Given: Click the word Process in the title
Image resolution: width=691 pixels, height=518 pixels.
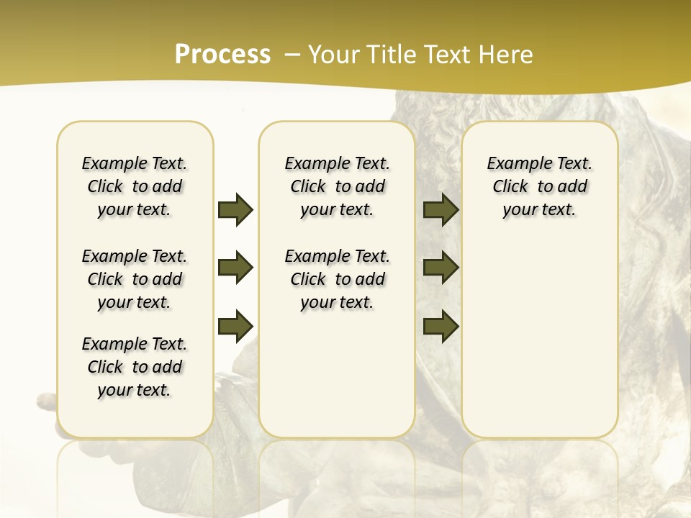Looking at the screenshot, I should click(x=222, y=55).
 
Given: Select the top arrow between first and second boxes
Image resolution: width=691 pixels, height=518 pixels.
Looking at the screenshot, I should click(x=235, y=210).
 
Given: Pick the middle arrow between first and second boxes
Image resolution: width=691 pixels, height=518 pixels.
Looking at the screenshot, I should click(x=235, y=268).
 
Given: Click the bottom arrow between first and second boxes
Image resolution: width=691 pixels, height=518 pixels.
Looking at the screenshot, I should click(x=235, y=327).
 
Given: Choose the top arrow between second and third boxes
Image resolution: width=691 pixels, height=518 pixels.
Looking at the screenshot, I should click(x=441, y=210).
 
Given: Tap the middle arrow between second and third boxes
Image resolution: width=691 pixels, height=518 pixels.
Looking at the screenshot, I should click(x=441, y=268).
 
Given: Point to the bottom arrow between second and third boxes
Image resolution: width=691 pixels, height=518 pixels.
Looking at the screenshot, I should click(x=441, y=327).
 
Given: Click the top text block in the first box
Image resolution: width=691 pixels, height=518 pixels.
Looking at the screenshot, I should click(x=135, y=186).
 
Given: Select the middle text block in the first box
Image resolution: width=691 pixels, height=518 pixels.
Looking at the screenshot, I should click(x=135, y=279).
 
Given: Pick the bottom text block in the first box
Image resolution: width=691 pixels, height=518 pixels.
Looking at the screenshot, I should click(x=135, y=367).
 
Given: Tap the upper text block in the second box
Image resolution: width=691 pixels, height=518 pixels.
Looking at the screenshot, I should click(x=337, y=186).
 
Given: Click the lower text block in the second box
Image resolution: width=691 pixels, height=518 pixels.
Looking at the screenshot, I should click(x=337, y=279).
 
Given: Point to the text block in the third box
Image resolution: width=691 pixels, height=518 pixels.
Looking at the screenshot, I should click(x=539, y=186).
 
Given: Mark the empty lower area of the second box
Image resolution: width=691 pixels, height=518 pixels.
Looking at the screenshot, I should click(x=337, y=374).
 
